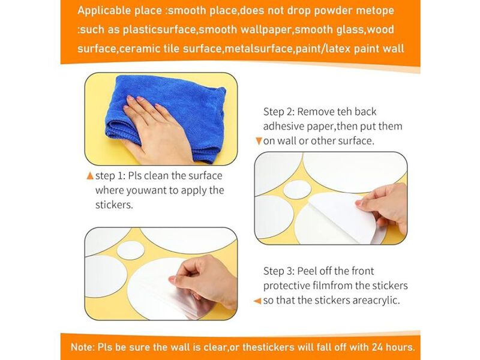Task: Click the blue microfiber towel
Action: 172,116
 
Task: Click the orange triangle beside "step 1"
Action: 90,176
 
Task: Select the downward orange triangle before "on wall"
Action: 259,141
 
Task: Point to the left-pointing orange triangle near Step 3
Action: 257,301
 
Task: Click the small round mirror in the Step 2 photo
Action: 297,190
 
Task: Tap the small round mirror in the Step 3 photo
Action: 131,250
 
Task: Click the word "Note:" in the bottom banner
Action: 83,347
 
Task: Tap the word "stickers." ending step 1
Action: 114,205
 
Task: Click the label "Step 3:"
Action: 279,271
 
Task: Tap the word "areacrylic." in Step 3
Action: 376,301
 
